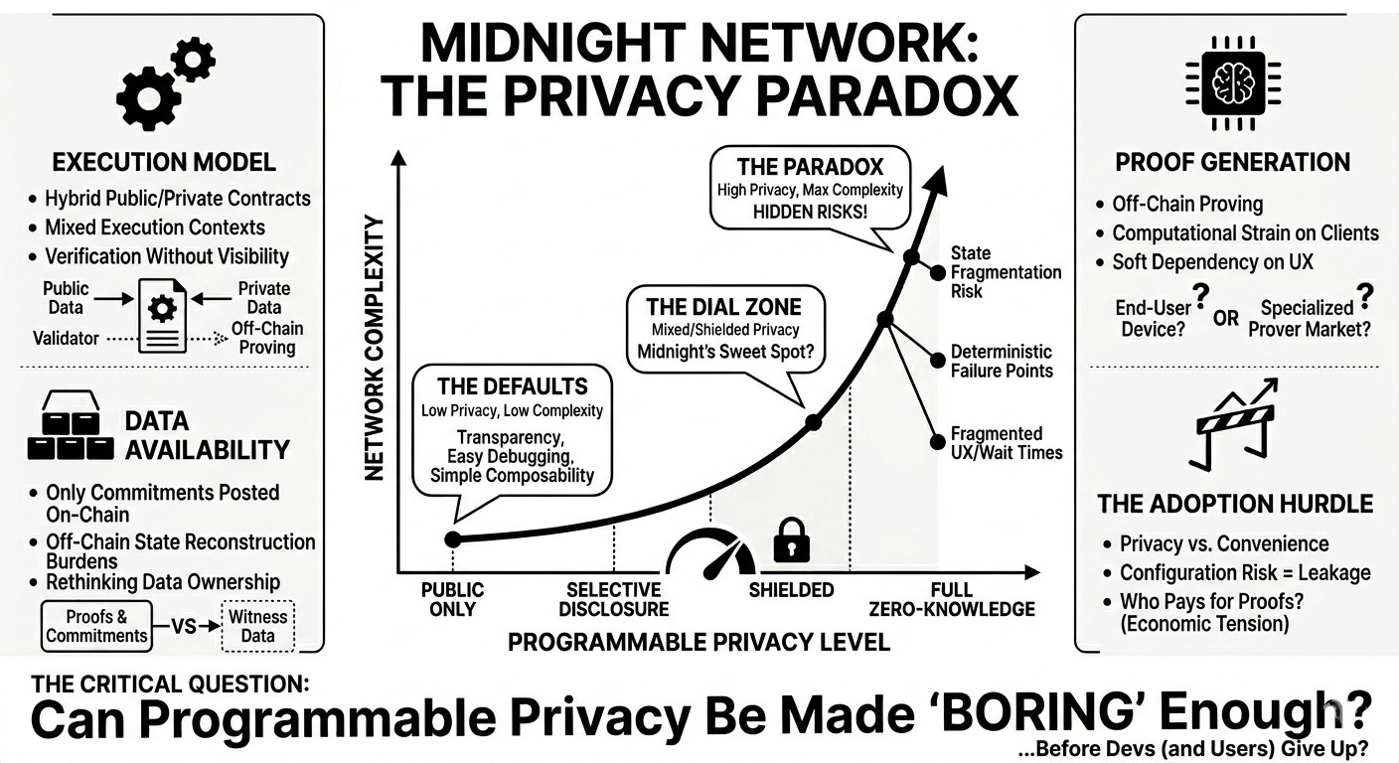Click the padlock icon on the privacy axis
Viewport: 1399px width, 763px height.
(791, 541)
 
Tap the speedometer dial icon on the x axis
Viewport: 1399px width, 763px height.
(710, 553)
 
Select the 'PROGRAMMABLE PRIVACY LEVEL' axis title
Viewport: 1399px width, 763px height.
(699, 642)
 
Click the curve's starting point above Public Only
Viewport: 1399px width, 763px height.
(453, 538)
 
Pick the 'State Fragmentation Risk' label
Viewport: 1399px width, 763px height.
(1006, 272)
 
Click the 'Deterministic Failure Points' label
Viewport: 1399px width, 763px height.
(1001, 361)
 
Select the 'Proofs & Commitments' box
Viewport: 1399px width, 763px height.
(96, 626)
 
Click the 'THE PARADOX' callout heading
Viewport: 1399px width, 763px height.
(810, 166)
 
